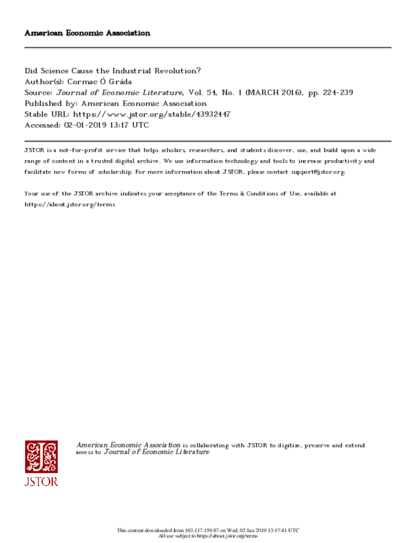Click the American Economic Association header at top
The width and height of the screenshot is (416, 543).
click(x=87, y=33)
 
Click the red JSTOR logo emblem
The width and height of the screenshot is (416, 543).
click(x=41, y=457)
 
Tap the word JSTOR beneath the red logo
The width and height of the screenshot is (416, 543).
click(x=41, y=482)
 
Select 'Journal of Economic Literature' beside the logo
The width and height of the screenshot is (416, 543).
click(x=156, y=452)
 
